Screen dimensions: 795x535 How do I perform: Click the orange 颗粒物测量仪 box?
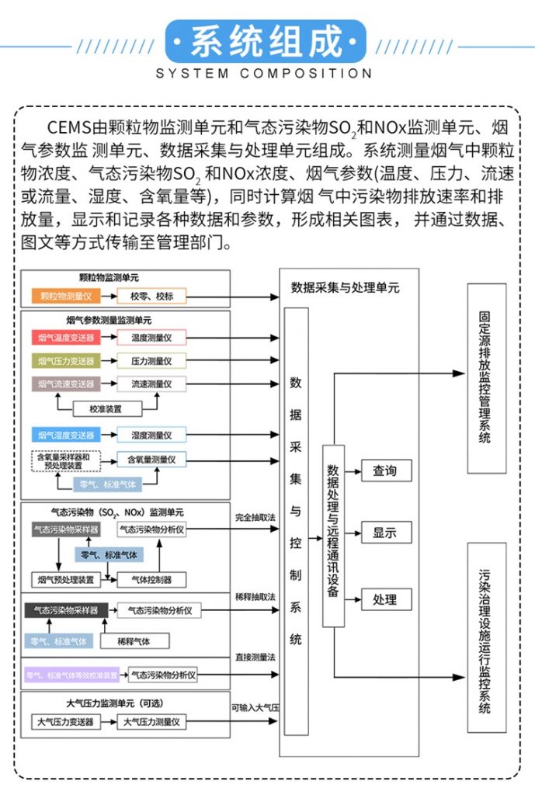[x=67, y=296]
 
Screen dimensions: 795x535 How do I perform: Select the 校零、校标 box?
[x=151, y=296]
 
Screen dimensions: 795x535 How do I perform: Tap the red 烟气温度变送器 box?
[x=67, y=338]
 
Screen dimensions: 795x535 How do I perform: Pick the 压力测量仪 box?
[x=151, y=361]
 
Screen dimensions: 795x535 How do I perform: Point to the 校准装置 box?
[x=106, y=408]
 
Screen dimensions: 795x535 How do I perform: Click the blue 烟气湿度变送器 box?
[x=67, y=435]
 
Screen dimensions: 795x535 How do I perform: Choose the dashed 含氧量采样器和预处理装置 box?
[x=67, y=460]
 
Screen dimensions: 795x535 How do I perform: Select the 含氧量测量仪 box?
[x=151, y=460]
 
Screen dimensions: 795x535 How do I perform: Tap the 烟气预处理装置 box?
[x=67, y=579]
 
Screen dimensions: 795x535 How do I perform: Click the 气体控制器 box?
[x=151, y=579]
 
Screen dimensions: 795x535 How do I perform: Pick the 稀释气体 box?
[x=134, y=641]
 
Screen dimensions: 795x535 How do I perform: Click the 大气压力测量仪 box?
[x=153, y=722]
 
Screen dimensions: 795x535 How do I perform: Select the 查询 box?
[x=385, y=470]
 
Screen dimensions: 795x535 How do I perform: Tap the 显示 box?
[x=385, y=533]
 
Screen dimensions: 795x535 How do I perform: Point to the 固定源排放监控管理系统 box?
[x=486, y=378]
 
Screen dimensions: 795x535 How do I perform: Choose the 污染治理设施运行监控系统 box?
[x=486, y=637]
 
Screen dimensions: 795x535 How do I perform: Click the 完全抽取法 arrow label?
[x=255, y=517]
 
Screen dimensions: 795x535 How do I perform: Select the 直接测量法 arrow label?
[x=255, y=658]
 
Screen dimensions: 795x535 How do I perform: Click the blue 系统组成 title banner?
[x=266, y=41]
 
